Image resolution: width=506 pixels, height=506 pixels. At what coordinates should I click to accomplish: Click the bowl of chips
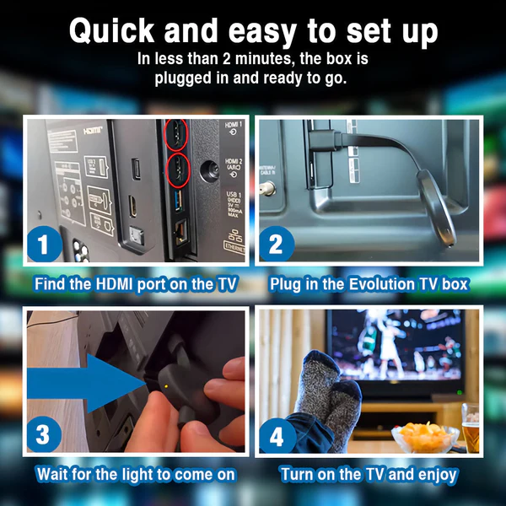point(425,437)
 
